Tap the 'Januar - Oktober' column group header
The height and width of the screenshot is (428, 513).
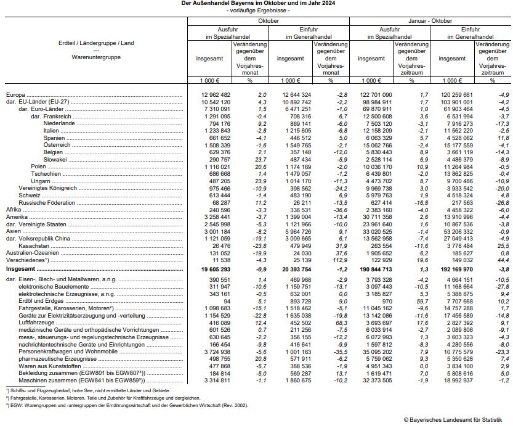click(429, 20)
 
